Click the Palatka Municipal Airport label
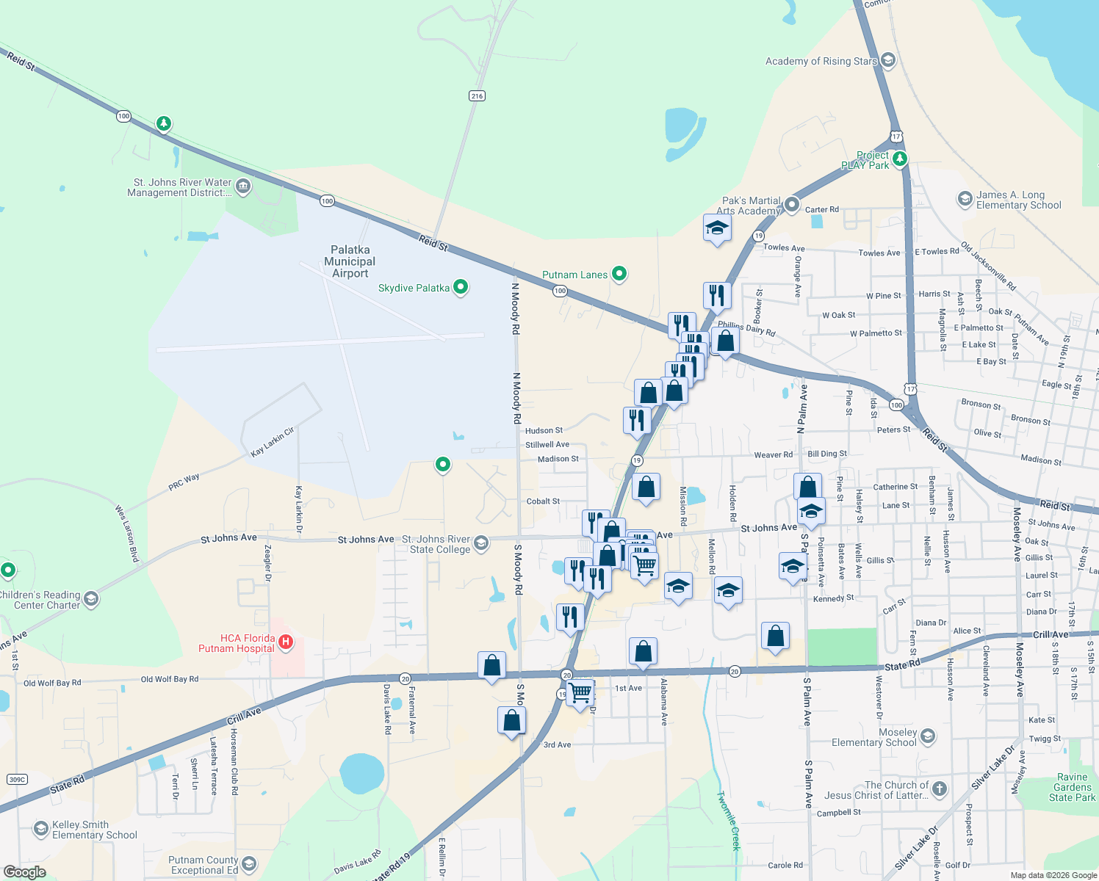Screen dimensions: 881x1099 [x=350, y=262]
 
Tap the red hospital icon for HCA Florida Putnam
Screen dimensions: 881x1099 [x=286, y=642]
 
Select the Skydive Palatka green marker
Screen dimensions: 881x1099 [x=461, y=287]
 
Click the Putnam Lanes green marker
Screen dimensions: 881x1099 [x=619, y=274]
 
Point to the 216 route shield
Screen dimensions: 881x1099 [x=477, y=96]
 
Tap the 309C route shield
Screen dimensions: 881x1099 [x=16, y=780]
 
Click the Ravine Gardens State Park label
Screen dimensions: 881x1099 [x=1072, y=787]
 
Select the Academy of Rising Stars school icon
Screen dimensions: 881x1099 [x=887, y=60]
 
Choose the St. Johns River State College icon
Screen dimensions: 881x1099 [x=481, y=543]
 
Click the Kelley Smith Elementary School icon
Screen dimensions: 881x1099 [x=41, y=830]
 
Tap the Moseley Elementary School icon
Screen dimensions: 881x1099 [x=928, y=736]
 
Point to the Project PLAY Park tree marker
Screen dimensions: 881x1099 [x=899, y=159]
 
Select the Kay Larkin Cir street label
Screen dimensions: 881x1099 [x=273, y=442]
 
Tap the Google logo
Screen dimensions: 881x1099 [x=25, y=871]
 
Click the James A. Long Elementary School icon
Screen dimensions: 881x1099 [x=965, y=199]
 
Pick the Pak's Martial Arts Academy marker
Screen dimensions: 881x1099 [x=791, y=204]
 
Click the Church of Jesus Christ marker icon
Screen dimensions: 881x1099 [x=940, y=789]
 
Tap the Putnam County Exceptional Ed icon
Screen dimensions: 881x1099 [x=249, y=864]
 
